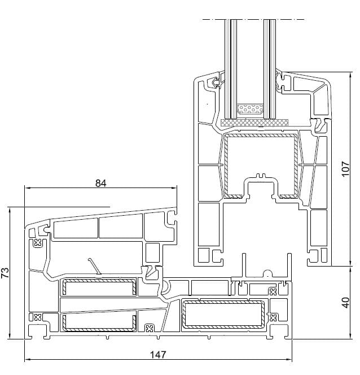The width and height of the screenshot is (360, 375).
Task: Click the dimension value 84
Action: [x=101, y=183]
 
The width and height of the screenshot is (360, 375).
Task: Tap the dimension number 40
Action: [x=346, y=303]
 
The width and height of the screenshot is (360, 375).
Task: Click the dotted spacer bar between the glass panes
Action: [x=250, y=109]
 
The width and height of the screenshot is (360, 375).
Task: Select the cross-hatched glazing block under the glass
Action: [x=254, y=122]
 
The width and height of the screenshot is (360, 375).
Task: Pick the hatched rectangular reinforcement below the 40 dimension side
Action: [x=223, y=315]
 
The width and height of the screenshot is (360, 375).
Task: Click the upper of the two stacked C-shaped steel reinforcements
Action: [x=99, y=287]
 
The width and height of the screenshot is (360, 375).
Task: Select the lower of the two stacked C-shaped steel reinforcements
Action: [x=99, y=322]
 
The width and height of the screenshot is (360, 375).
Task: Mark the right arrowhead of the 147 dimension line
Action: [x=291, y=360]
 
